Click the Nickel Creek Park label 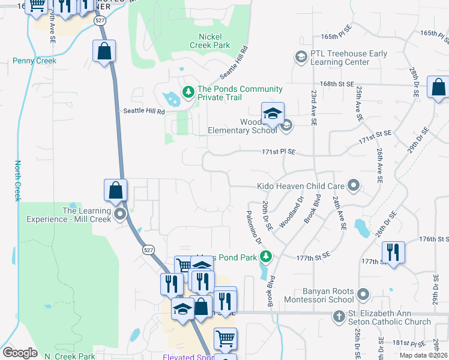click(x=209, y=40)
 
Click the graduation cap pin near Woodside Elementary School click(x=273, y=113)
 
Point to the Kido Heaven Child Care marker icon click(x=354, y=187)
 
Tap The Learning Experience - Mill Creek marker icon click(x=120, y=214)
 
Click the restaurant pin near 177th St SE click(x=393, y=252)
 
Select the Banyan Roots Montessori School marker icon click(x=363, y=295)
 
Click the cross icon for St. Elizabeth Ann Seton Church click(x=339, y=316)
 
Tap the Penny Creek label click(x=35, y=61)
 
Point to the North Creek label click(x=17, y=181)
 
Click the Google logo click(x=20, y=353)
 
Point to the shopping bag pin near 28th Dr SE click(x=438, y=87)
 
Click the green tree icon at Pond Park click(x=266, y=257)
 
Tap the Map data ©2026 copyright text click(x=423, y=355)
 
